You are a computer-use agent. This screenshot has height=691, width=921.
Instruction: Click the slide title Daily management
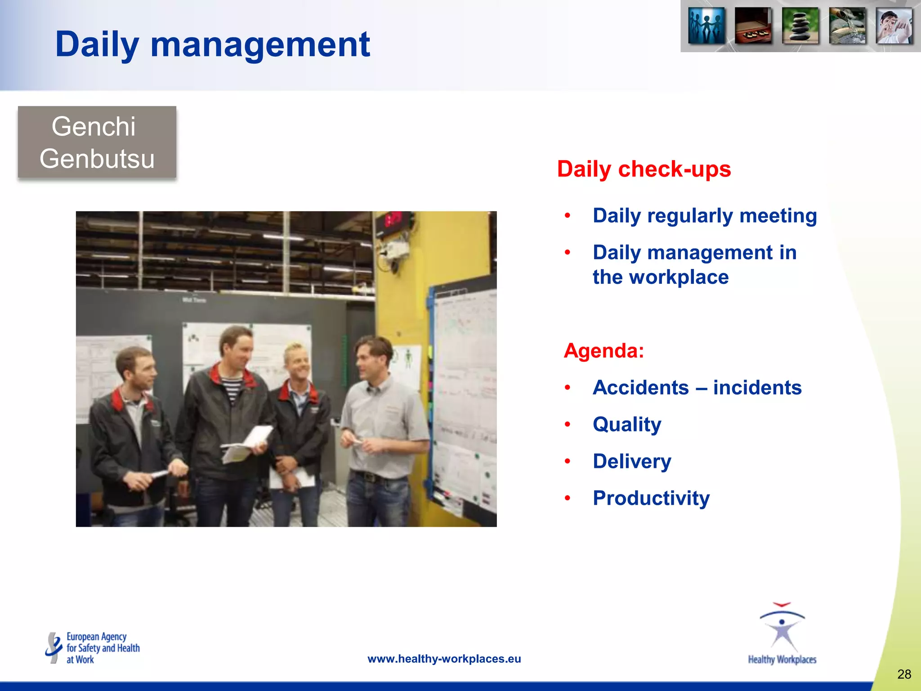tap(212, 45)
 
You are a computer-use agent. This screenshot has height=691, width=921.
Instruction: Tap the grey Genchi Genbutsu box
tap(97, 142)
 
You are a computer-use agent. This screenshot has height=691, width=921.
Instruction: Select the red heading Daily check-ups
tap(644, 169)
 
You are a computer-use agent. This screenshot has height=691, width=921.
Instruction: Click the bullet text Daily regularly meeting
tap(704, 215)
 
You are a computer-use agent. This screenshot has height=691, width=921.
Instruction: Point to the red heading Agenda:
tap(604, 350)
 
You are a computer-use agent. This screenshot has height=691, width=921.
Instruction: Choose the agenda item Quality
tap(627, 424)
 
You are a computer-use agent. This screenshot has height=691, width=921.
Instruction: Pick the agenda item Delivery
tap(631, 461)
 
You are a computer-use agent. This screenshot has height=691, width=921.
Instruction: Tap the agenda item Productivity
tap(651, 498)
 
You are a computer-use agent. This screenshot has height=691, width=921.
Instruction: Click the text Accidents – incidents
tap(697, 387)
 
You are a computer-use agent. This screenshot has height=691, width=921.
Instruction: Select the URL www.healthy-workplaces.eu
tap(444, 659)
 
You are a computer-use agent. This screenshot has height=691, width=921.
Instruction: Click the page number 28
tap(904, 674)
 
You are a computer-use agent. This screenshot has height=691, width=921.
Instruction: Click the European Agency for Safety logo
tap(93, 648)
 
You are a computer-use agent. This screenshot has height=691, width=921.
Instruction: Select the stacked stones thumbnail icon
tap(800, 26)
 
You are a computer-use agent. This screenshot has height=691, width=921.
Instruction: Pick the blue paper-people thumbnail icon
tap(706, 26)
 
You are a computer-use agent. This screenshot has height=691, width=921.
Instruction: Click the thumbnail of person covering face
tap(894, 26)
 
